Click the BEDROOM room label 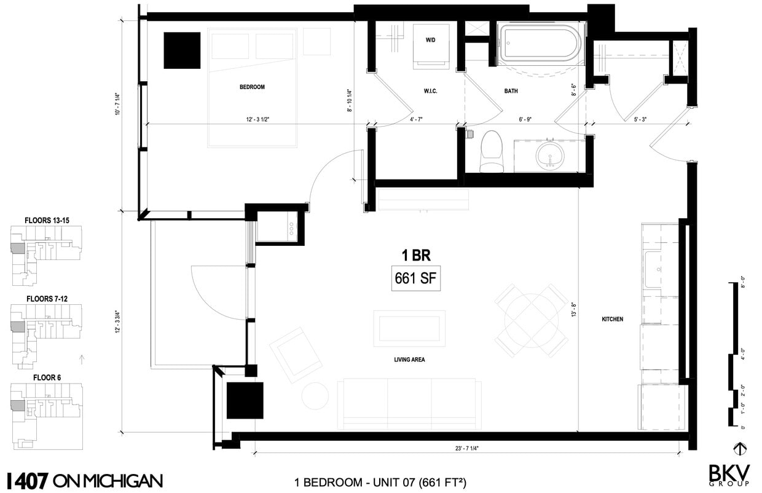pos(252,87)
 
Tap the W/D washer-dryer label pos(431,40)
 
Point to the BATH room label pos(511,91)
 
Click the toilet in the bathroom pos(491,151)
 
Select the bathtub pos(539,44)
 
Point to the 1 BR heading pos(411,255)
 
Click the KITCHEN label pos(612,319)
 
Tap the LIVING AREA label pos(410,360)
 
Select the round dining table pos(531,320)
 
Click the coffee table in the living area pos(409,328)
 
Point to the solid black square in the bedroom pos(182,50)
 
